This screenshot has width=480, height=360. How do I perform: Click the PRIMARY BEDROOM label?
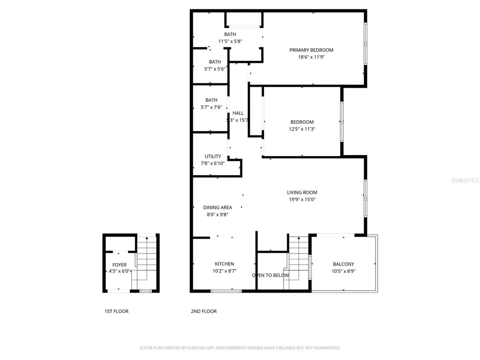[x=311, y=50]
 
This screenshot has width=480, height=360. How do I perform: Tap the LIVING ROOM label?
[x=302, y=192]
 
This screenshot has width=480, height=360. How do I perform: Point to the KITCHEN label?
[x=224, y=264]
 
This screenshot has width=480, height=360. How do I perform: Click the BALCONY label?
[x=344, y=264]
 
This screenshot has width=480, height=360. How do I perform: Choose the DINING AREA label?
[x=217, y=208]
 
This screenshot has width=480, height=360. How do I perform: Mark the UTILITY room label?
[x=212, y=157]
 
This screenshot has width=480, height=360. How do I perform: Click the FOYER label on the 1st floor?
[x=119, y=265]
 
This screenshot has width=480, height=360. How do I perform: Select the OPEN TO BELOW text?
[x=270, y=275]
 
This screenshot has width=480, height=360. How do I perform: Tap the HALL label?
[x=238, y=113]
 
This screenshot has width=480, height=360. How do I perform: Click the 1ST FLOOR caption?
[x=116, y=311]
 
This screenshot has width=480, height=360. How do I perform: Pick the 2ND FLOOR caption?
[x=203, y=311]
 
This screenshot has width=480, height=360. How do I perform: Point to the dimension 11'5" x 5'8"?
[x=230, y=41]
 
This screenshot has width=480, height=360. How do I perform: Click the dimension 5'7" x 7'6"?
[x=211, y=107]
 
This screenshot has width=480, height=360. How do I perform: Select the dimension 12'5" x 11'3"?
[x=302, y=129]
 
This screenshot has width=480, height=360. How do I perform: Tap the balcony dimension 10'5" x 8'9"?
[x=344, y=271]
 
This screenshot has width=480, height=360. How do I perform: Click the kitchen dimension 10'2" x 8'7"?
[x=224, y=271]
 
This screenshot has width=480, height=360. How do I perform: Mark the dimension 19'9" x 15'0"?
[x=302, y=199]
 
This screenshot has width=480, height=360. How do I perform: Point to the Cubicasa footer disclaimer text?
[x=240, y=348]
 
